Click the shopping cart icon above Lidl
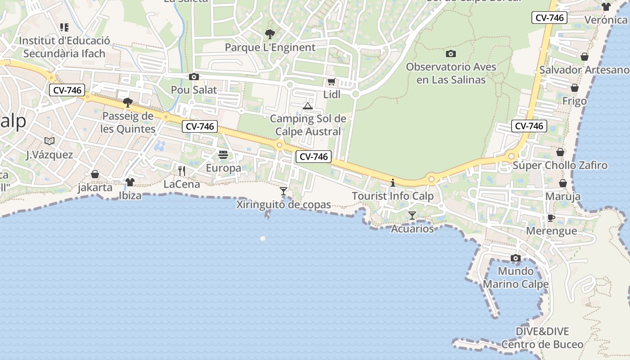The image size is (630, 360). [332, 81]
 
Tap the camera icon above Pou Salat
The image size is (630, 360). [194, 76]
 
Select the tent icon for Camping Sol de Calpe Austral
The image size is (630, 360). [308, 106]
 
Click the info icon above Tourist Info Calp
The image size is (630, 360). [393, 183]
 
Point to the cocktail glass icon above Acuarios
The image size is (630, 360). [412, 216]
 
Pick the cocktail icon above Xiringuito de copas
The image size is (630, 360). [283, 191]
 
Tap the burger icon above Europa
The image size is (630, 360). [223, 155]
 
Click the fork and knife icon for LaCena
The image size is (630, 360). [182, 171]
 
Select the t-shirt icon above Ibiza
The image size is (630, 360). [130, 182]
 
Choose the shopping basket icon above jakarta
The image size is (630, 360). [95, 174]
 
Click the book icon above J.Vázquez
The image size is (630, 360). [49, 141]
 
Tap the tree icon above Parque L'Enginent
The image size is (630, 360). [270, 34]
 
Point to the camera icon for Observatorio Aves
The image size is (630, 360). [450, 54]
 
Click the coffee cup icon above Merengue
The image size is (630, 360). [551, 218]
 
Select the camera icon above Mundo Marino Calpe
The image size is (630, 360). [516, 258]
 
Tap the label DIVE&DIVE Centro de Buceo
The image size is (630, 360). [542, 338]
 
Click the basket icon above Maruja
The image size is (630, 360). [562, 183]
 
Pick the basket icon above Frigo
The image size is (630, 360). [575, 88]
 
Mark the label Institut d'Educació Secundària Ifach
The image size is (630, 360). [64, 47]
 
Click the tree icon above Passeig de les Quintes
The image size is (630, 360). [128, 103]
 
